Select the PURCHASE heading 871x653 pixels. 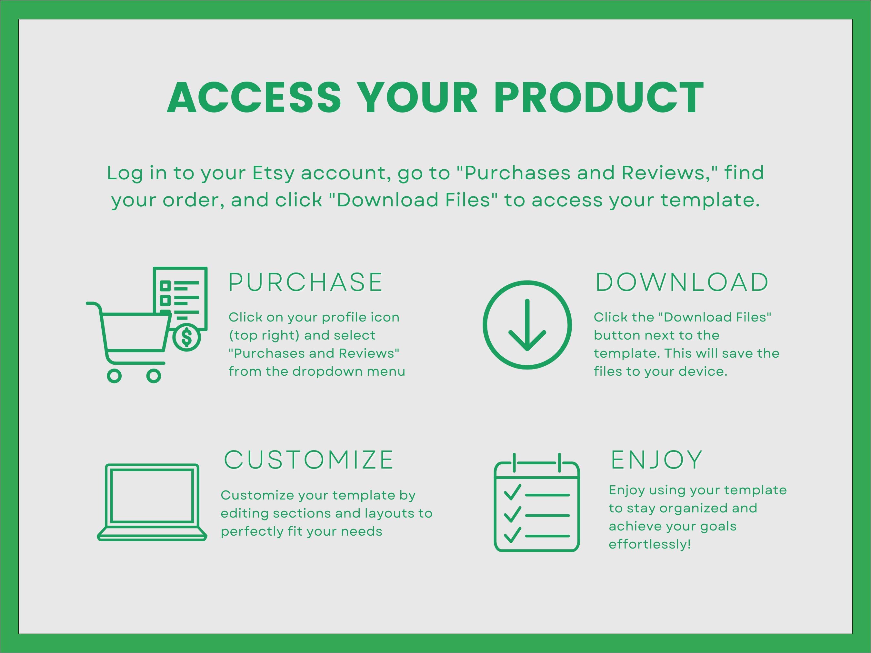pos(305,282)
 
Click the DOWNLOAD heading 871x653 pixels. pos(682,282)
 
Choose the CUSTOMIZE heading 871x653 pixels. pos(309,460)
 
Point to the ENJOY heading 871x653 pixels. pos(656,460)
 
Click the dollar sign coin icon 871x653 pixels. pos(187,337)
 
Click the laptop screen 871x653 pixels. pos(152,496)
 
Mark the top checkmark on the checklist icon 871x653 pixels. pos(512,492)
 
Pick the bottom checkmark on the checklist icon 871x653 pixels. pos(512,535)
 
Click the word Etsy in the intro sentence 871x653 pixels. pos(273,173)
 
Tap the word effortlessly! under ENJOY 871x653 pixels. pos(650,544)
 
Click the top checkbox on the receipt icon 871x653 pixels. pos(165,285)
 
